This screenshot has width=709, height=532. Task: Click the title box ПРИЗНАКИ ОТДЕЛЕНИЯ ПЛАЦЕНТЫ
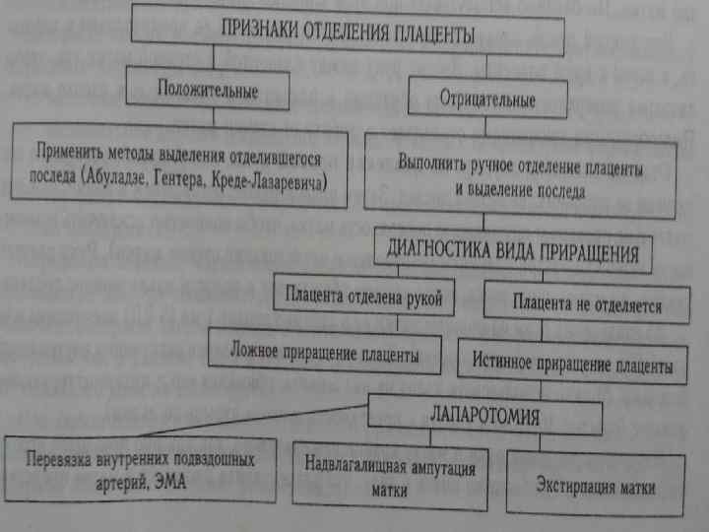(347, 33)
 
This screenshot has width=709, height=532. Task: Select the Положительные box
(209, 92)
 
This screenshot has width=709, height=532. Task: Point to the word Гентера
(191, 184)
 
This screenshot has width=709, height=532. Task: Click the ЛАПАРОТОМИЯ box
(485, 414)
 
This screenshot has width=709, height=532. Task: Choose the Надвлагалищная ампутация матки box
(390, 476)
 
